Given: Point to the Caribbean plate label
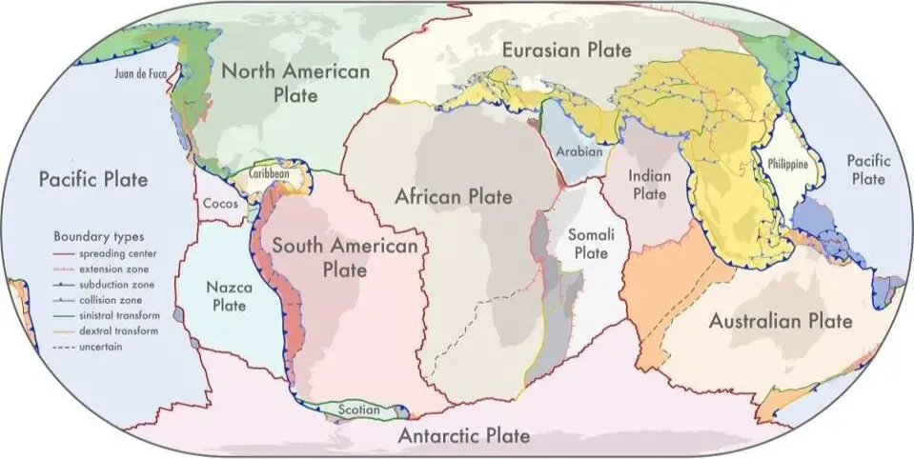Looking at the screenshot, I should [270, 176].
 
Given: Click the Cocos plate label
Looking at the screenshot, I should [220, 204].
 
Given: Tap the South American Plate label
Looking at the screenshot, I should [344, 257].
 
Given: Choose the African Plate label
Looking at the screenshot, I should [455, 198].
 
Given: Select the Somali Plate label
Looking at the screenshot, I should [588, 244].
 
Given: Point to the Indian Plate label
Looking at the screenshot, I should [650, 185].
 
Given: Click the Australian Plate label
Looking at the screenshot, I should [780, 321].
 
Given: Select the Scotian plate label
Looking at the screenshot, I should [357, 410].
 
